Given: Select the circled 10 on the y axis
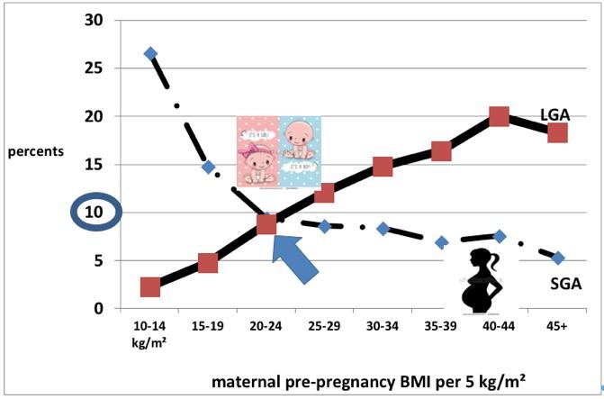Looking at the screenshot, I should tap(93, 213).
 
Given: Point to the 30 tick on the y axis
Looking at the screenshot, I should tap(93, 19).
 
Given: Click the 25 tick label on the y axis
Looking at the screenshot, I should tap(93, 68).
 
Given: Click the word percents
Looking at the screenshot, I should tap(35, 150).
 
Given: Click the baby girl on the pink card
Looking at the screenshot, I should tap(257, 158).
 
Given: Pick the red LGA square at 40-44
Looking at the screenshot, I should tap(500, 116).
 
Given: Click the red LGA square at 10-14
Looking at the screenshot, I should tap(150, 286).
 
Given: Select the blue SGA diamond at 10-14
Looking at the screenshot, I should tap(150, 53).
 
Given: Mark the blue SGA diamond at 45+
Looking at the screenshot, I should tap(558, 258).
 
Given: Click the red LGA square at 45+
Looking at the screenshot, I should tap(557, 132).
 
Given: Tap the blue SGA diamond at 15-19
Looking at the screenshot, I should tap(208, 167).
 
